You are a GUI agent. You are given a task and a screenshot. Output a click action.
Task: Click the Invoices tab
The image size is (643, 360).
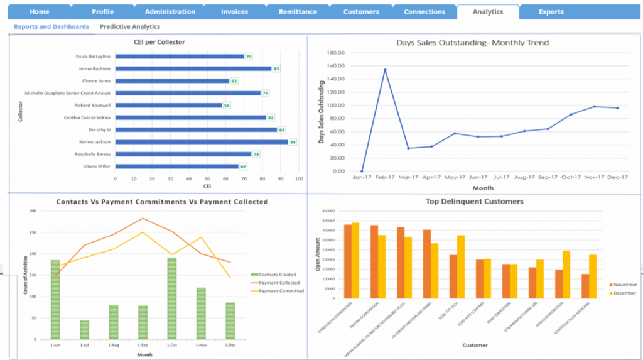(x=234, y=12)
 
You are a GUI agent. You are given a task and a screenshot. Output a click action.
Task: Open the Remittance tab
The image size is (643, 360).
(x=297, y=12)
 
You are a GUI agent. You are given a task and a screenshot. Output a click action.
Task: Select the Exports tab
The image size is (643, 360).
(x=551, y=12)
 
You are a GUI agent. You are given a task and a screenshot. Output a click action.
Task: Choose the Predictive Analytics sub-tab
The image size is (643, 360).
(x=129, y=27)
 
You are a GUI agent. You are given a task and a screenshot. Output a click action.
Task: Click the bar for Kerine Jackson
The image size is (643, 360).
(x=201, y=142)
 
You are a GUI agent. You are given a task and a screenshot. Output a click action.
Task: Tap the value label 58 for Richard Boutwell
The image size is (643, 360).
(x=226, y=106)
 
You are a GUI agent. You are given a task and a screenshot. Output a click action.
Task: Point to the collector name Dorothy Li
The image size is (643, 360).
(x=100, y=130)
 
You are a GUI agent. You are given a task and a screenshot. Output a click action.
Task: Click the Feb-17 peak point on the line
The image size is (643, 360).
(x=385, y=70)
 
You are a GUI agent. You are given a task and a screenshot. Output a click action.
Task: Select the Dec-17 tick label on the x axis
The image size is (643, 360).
(x=617, y=177)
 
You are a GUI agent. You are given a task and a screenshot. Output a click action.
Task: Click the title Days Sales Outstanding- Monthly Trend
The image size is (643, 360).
(x=472, y=43)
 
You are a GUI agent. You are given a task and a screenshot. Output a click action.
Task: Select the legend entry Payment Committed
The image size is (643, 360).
(x=281, y=291)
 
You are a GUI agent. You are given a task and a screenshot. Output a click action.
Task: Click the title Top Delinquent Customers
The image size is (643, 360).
(x=475, y=202)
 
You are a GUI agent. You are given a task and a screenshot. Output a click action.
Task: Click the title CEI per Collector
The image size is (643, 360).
(x=159, y=42)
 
